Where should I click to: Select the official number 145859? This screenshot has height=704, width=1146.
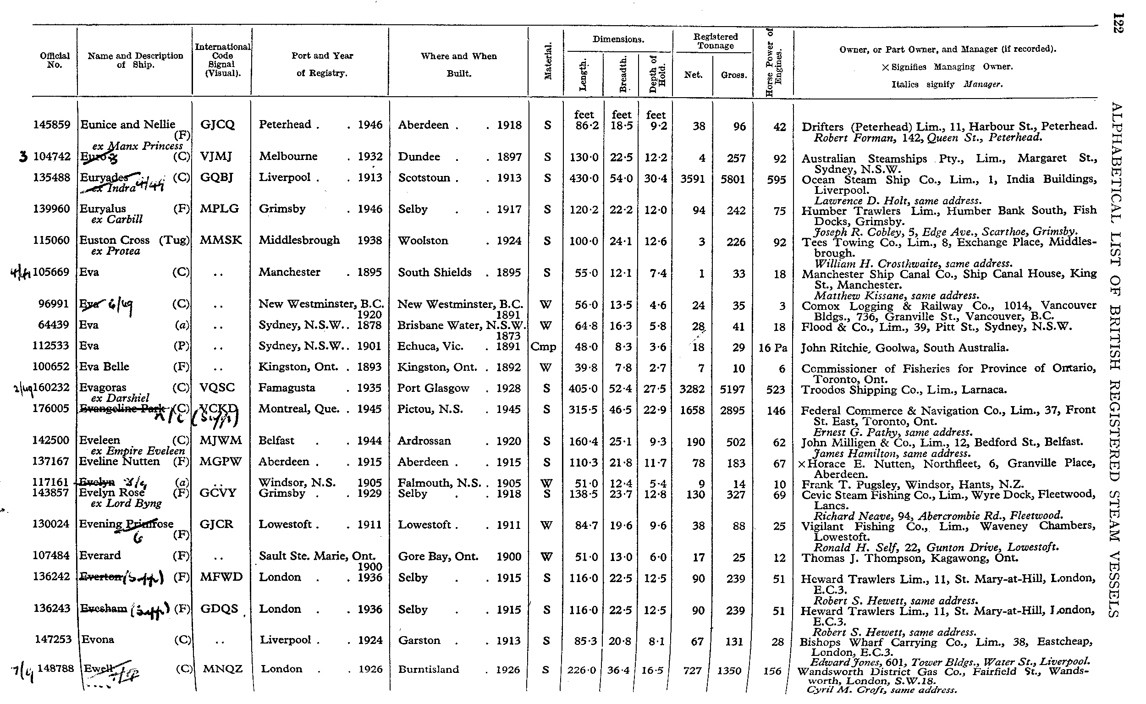[52, 125]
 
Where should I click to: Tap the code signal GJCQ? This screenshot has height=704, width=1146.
[217, 125]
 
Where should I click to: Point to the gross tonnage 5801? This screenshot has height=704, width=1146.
[733, 179]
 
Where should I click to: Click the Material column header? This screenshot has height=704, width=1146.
[548, 61]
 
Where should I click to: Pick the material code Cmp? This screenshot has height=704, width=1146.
[543, 346]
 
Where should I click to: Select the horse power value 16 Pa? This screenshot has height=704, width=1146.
[772, 348]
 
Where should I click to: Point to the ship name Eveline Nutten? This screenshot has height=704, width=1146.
[120, 462]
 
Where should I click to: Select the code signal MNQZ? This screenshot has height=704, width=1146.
[223, 669]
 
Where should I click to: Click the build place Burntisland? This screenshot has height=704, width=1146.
[429, 670]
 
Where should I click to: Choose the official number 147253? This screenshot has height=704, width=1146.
[53, 639]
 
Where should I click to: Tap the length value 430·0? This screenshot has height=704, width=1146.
[584, 178]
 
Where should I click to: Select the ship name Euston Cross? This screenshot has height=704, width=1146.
[115, 240]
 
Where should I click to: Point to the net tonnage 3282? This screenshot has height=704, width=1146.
[693, 389]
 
